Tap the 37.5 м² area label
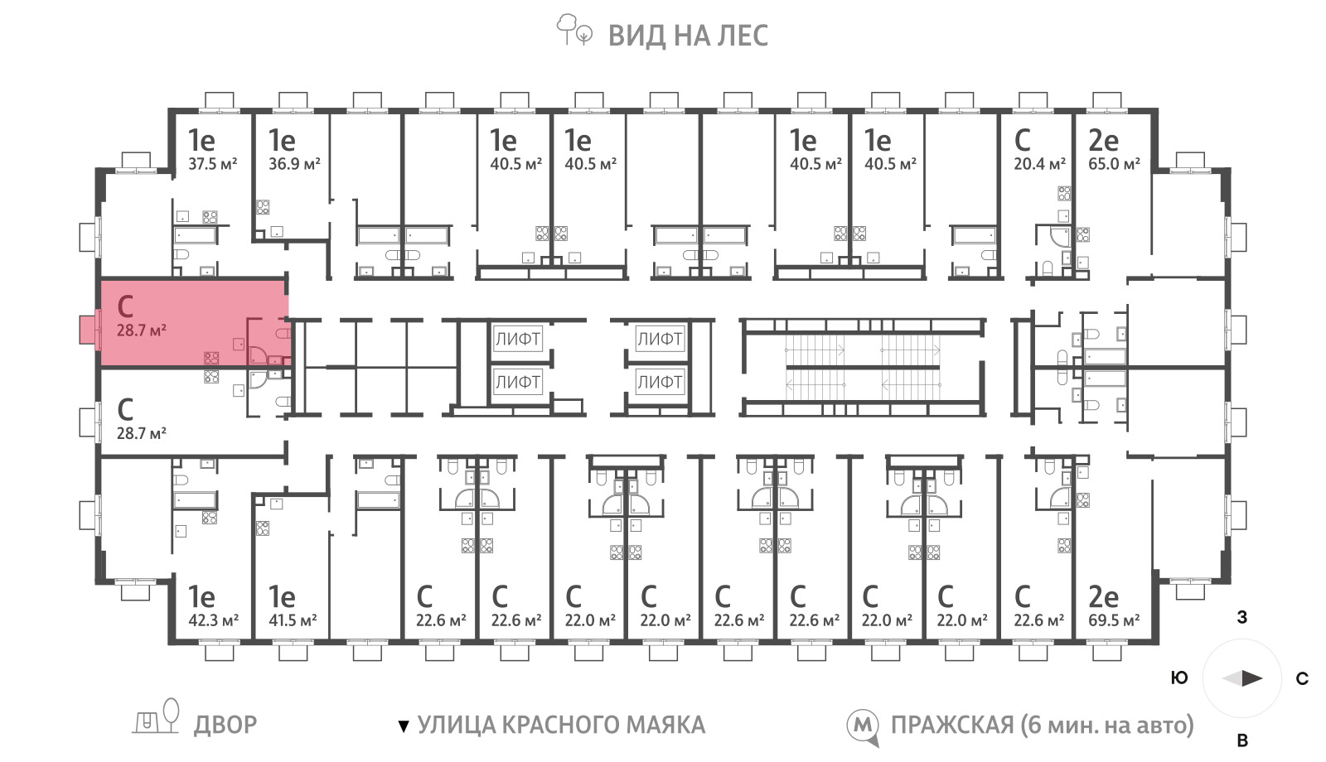tap(212, 164)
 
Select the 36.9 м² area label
tap(294, 164)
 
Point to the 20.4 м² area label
tap(1039, 164)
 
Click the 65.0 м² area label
tap(1114, 164)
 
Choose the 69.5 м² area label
tap(1114, 620)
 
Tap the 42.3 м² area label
tap(213, 620)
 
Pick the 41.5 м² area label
tap(293, 620)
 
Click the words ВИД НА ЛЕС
tap(688, 36)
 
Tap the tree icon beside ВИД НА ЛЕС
tap(573, 30)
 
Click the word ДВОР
tap(225, 725)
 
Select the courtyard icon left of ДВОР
tap(156, 716)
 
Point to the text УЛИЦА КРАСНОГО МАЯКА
tap(561, 725)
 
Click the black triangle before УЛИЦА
tap(404, 726)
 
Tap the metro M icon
tap(863, 726)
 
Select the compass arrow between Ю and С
tap(1242, 678)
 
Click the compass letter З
tap(1242, 617)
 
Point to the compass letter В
tap(1242, 740)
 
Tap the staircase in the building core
tap(863, 368)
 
